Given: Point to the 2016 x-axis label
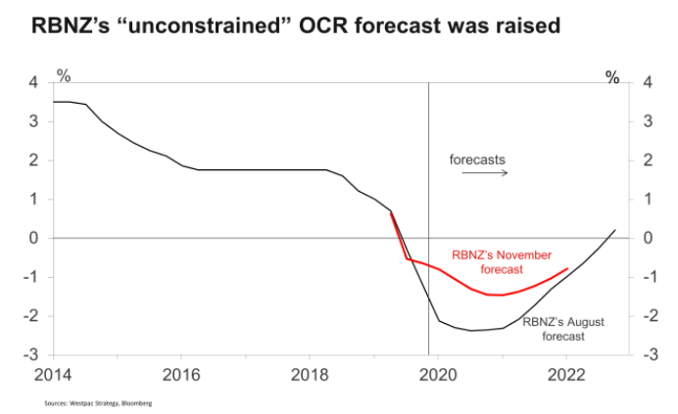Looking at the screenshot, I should coord(182,374).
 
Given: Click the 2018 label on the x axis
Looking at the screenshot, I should coord(311,374).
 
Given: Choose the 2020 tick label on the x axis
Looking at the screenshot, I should coord(439,374).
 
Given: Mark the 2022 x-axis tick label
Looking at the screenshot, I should coord(567,374).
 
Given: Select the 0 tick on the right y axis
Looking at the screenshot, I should coord(646,238).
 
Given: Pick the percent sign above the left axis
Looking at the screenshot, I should coord(64,74).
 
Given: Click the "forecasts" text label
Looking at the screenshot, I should coord(478,159).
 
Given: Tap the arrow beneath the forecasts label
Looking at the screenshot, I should coord(484,172).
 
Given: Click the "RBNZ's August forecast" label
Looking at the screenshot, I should coord(555,328).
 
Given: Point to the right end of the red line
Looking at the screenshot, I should coord(567,268).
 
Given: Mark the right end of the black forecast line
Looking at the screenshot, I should coord(615,230).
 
